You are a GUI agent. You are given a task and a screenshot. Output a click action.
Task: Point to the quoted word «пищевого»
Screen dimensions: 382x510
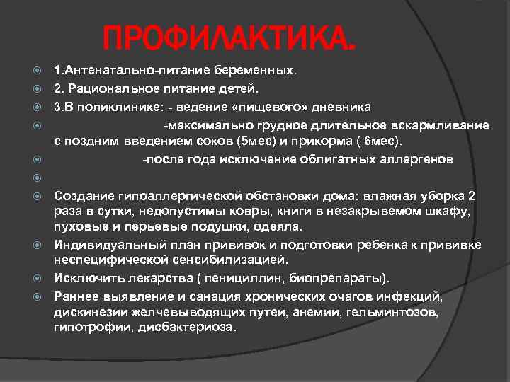point(283,107)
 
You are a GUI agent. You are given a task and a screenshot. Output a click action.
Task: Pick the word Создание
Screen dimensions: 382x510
point(80,195)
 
